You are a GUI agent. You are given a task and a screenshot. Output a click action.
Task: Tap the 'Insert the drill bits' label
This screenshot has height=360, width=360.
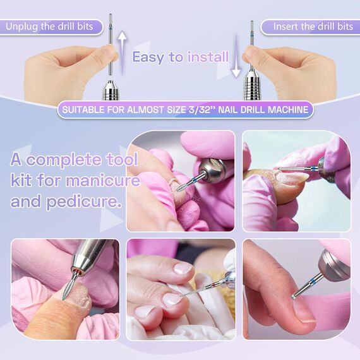click(x=313, y=27)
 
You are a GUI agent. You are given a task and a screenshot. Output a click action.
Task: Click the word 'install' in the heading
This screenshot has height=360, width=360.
click(x=208, y=57)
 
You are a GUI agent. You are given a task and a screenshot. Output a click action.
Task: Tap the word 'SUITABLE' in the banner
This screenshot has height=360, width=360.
click(x=85, y=109)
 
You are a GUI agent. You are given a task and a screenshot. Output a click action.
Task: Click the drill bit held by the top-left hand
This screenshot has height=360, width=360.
click(x=111, y=41)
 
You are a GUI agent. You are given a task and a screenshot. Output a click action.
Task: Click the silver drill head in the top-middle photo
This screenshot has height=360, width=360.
click(x=215, y=168)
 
